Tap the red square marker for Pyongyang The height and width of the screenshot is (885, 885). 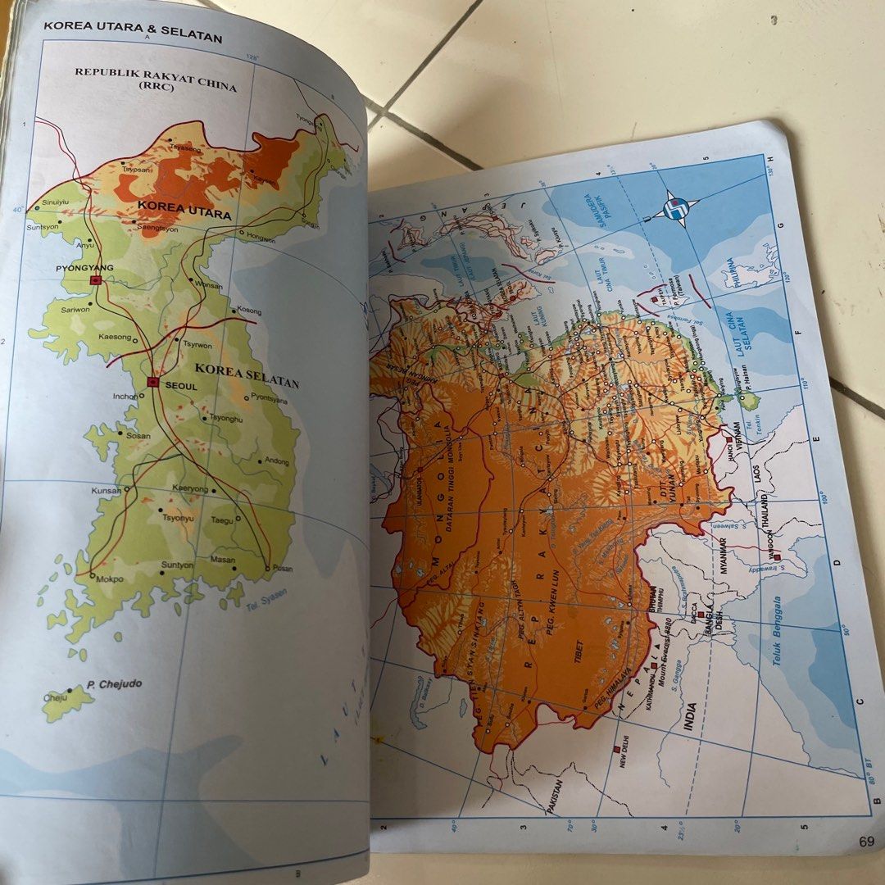pyautogui.click(x=96, y=280)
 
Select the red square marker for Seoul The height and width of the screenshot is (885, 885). pyautogui.click(x=152, y=382)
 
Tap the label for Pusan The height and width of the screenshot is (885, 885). pyautogui.click(x=281, y=568)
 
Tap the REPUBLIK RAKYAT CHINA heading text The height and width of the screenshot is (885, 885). pyautogui.click(x=155, y=79)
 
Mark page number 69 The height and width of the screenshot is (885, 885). pyautogui.click(x=867, y=840)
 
